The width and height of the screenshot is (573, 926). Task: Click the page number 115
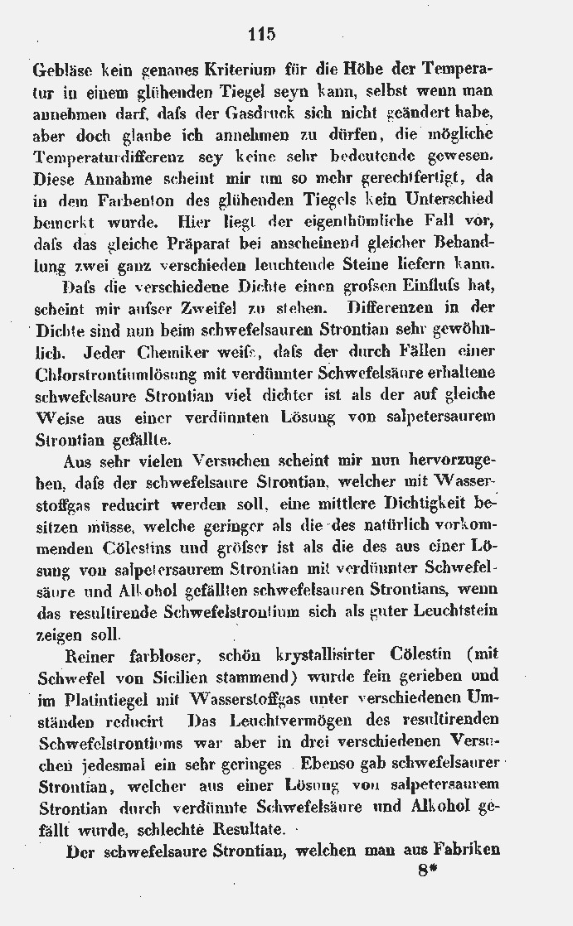[260, 34]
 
